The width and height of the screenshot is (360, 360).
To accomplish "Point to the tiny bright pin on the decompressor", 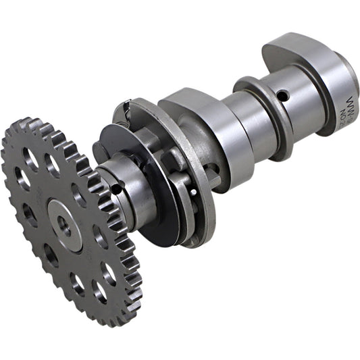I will [x=195, y=191].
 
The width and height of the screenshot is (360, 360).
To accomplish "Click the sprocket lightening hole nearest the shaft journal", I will [x=79, y=195].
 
